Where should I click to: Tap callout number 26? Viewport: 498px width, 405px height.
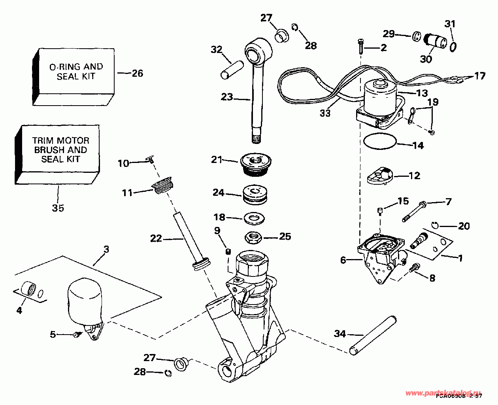pyautogui.click(x=137, y=73)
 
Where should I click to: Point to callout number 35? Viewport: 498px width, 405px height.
pyautogui.click(x=58, y=208)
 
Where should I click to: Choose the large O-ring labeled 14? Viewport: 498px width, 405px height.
pyautogui.click(x=379, y=142)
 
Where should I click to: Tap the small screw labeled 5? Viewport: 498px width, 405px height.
pyautogui.click(x=76, y=335)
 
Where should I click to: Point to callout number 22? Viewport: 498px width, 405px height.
pyautogui.click(x=156, y=238)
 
